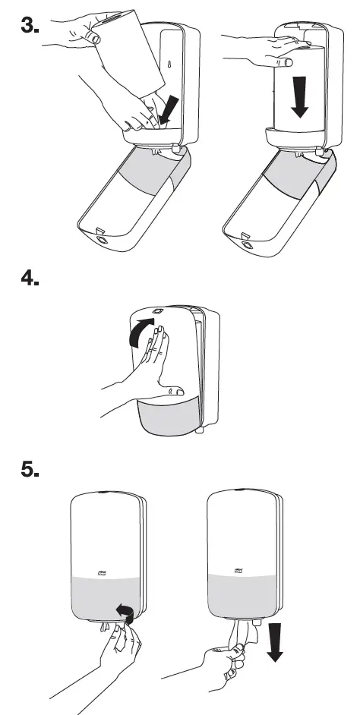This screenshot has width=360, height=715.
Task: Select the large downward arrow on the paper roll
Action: pos(301,99)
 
